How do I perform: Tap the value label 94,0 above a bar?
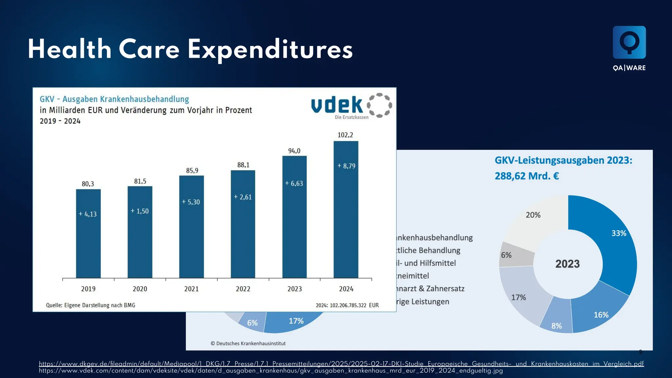(x=294, y=151)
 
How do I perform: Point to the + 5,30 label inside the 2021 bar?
(x=191, y=202)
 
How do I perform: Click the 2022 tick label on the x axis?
(x=243, y=289)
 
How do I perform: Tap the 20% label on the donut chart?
(x=533, y=215)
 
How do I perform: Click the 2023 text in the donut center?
(x=567, y=264)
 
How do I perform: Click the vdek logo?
(x=351, y=106)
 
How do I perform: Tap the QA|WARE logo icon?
(x=629, y=43)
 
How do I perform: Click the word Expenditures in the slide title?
(x=270, y=50)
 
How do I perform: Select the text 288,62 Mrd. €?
(x=527, y=176)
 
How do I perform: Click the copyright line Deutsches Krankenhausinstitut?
(x=248, y=344)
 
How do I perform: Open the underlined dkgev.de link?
(x=341, y=364)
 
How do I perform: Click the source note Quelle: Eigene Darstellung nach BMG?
(x=91, y=305)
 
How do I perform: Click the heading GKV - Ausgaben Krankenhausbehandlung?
(x=114, y=99)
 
